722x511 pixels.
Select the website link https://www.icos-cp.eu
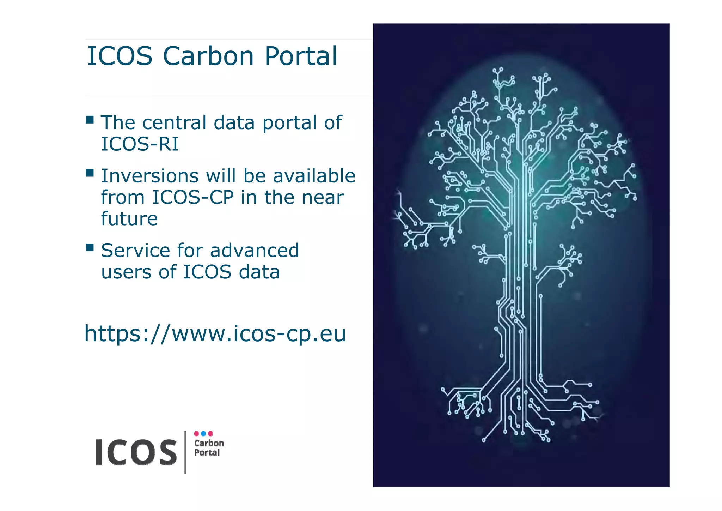coord(215,333)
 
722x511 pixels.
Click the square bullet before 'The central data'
coord(90,120)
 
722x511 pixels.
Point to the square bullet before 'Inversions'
coord(90,173)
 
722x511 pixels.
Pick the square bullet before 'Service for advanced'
coord(90,247)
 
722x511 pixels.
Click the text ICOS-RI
coord(140,144)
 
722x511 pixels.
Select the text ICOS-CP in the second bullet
coord(193,197)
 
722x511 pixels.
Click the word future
coord(129,218)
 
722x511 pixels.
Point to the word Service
coord(135,251)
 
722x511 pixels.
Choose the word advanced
coord(255,251)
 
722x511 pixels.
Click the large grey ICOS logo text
coord(136,452)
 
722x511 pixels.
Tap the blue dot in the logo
coord(203,433)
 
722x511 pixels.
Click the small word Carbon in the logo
coord(209,443)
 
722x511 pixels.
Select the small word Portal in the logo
coord(207,453)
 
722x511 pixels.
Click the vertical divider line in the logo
coord(185,452)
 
